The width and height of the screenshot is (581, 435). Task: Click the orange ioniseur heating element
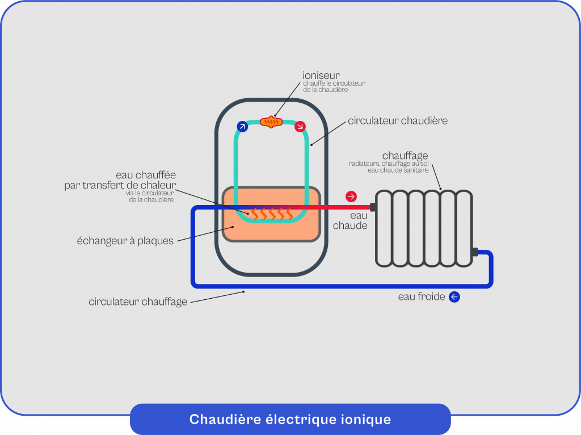tap(271, 122)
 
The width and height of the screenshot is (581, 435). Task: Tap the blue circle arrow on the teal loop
tap(242, 127)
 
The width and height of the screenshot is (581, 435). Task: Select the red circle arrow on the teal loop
tap(300, 127)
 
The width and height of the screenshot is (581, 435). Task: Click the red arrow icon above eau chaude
tap(351, 196)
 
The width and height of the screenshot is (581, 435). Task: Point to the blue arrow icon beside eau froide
tap(454, 297)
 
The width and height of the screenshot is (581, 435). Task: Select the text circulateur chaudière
tap(398, 120)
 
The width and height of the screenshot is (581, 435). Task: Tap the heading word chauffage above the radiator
tap(405, 156)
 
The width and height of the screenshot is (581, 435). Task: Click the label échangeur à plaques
tap(125, 241)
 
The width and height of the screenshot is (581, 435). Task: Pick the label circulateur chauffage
tap(138, 302)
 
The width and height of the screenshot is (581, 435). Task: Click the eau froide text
tap(422, 297)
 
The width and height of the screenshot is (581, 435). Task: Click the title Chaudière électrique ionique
tap(290, 420)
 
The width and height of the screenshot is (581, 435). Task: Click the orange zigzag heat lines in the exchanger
tap(273, 214)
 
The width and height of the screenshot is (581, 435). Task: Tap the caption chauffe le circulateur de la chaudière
tap(334, 86)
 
